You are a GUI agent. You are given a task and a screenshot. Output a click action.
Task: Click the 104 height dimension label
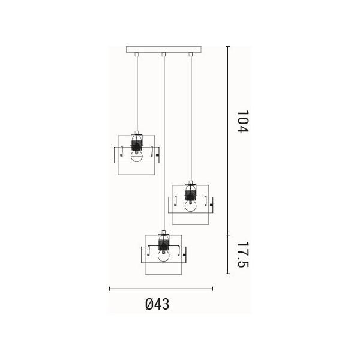[x=243, y=121]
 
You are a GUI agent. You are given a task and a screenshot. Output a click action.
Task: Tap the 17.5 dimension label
[x=243, y=254]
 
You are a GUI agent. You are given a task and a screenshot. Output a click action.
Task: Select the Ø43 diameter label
[x=157, y=304]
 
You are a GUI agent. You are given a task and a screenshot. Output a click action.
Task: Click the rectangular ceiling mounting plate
[x=164, y=49]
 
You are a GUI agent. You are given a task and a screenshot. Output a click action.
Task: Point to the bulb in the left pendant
[x=137, y=157]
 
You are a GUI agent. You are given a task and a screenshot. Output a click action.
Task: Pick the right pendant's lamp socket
[x=191, y=192]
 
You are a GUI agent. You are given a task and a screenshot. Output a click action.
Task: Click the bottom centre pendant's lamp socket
[x=164, y=242]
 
